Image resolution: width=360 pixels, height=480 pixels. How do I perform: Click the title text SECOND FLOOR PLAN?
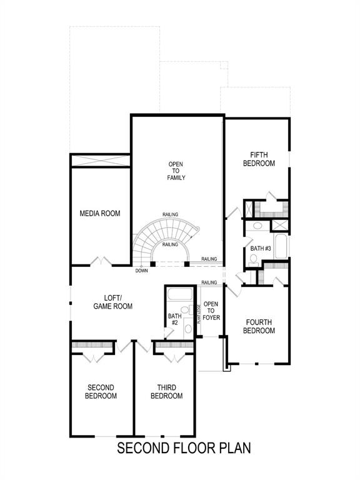coord(184,448)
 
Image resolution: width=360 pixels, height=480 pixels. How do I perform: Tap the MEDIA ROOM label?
coord(99,214)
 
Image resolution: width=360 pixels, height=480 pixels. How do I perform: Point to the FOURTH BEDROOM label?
coord(259,326)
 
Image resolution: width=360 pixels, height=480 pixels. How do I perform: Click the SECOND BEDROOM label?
coord(101,391)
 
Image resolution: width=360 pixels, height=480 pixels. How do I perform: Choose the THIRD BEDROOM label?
coord(166,391)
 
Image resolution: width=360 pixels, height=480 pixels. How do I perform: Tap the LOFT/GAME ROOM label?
coord(112,302)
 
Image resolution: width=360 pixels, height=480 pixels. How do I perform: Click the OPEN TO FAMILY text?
coord(176,171)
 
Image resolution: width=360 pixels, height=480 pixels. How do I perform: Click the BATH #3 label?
coord(261,249)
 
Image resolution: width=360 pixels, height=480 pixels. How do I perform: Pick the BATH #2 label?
coord(174,319)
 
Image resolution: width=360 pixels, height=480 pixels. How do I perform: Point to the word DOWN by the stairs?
coord(141,271)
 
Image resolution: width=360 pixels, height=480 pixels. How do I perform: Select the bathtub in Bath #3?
coord(281,246)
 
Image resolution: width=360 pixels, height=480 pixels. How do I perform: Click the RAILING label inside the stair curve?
coord(170,244)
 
